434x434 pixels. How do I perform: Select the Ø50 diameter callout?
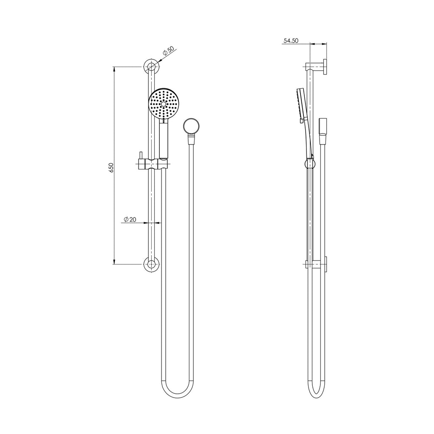tap(168, 52)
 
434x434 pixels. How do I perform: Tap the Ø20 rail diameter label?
tap(130, 219)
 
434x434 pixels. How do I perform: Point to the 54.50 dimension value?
tap(291, 41)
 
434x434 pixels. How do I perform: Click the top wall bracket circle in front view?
tap(151, 67)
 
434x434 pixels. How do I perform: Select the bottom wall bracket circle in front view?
tap(151, 263)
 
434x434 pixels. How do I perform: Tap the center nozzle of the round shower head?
tap(164, 104)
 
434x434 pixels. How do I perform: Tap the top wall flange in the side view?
tap(325, 67)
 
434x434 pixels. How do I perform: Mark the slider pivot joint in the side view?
tap(310, 163)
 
